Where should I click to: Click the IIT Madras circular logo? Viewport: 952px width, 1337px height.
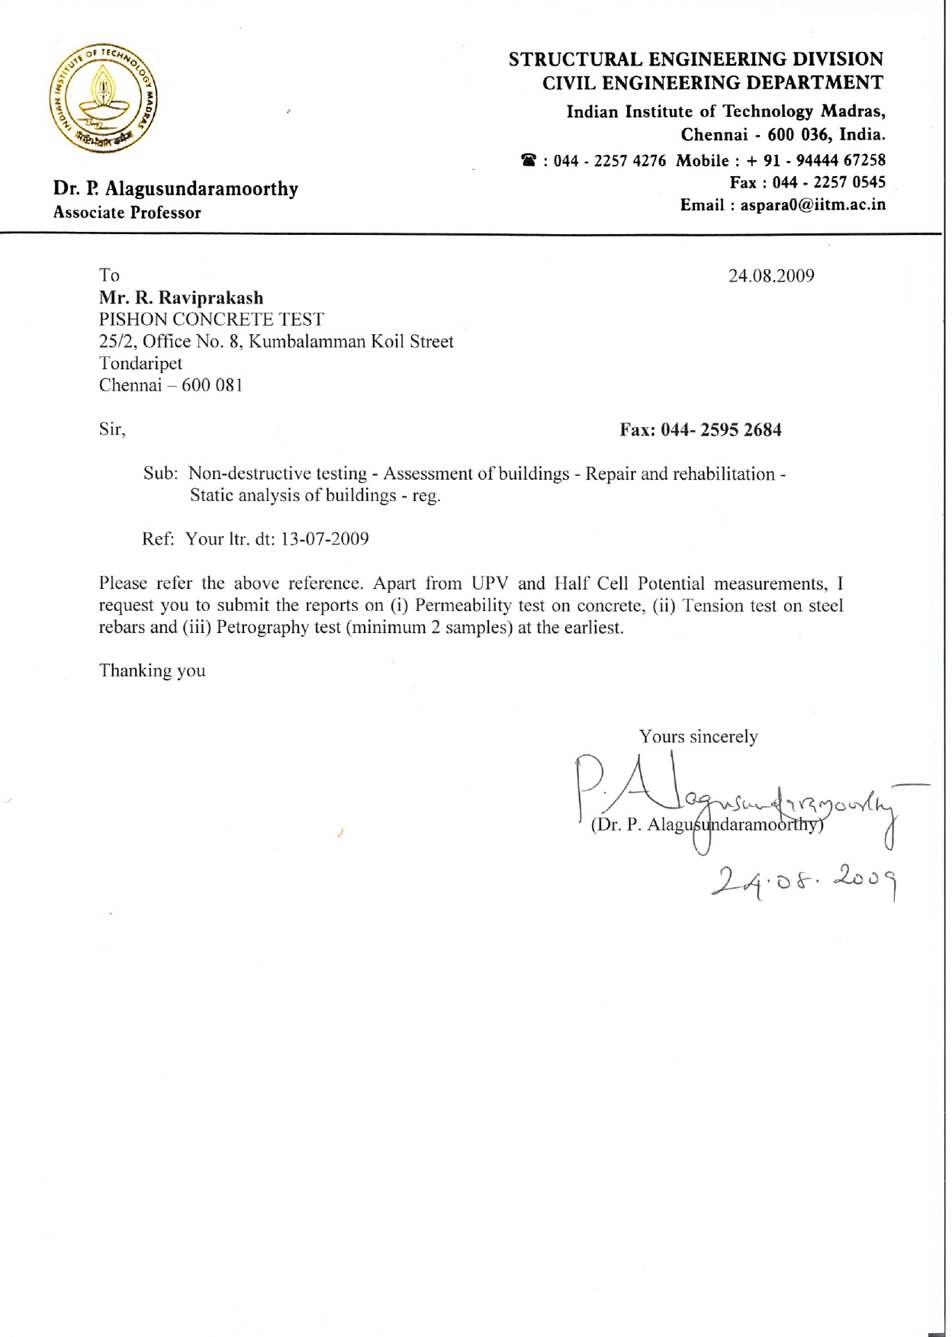(104, 98)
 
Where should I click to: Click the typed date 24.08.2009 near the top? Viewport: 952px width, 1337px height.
(770, 276)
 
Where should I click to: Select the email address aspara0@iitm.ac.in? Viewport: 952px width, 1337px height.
(812, 205)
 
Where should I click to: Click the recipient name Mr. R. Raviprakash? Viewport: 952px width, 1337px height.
(181, 298)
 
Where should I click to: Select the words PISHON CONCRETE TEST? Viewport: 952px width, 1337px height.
(211, 320)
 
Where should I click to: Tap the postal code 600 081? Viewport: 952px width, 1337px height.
(212, 385)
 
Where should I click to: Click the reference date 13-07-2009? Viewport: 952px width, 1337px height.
(324, 539)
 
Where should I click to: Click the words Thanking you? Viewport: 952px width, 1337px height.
(152, 670)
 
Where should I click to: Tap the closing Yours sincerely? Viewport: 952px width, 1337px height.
(698, 737)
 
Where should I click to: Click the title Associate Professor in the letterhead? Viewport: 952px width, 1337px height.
(127, 213)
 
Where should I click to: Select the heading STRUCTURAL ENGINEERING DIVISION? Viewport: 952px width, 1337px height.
(695, 59)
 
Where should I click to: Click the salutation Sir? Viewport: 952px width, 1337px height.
(112, 429)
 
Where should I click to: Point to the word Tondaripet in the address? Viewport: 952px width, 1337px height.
(140, 364)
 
